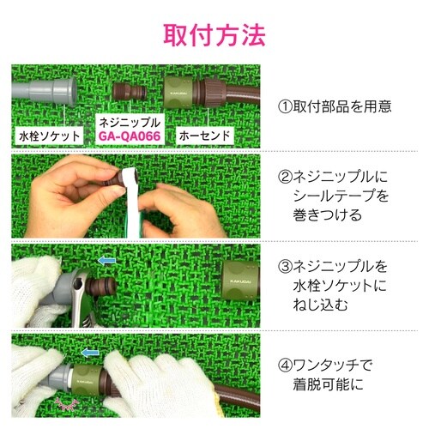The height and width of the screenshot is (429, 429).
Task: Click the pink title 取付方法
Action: pyautogui.click(x=214, y=34)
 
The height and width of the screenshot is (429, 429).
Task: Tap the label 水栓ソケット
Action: pyautogui.click(x=49, y=136)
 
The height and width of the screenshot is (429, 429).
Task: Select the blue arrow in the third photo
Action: pyautogui.click(x=106, y=259)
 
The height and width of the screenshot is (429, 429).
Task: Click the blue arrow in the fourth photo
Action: pyautogui.click(x=90, y=352)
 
